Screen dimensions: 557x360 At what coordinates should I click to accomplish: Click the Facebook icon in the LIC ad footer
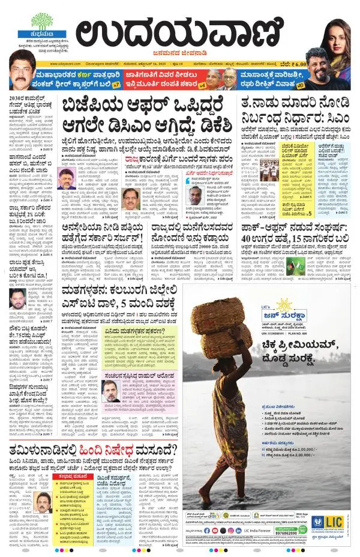point(207,530)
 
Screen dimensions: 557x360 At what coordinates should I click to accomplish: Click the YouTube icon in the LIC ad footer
point(215,530)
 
